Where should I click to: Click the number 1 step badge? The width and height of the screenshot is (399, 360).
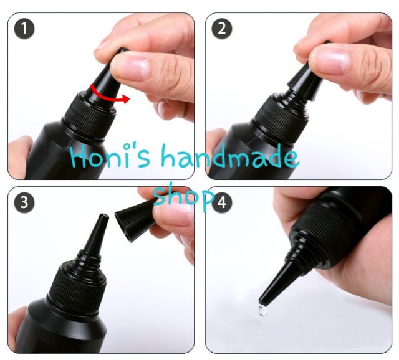[x=24, y=29]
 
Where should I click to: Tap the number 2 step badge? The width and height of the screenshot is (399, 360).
[x=222, y=29]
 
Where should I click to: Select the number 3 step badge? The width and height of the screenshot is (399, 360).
[x=24, y=202]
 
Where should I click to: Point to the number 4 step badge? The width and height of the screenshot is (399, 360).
[x=222, y=202]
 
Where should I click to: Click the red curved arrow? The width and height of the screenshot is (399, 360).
[x=110, y=97]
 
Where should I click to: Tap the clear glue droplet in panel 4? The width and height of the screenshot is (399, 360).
[x=263, y=310]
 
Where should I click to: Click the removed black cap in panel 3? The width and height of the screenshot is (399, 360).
[x=135, y=219]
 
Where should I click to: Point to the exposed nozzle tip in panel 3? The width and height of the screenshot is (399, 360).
[x=103, y=217]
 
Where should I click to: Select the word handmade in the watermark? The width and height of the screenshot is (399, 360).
[x=229, y=156]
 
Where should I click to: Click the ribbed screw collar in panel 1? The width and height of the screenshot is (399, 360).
[x=90, y=119]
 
